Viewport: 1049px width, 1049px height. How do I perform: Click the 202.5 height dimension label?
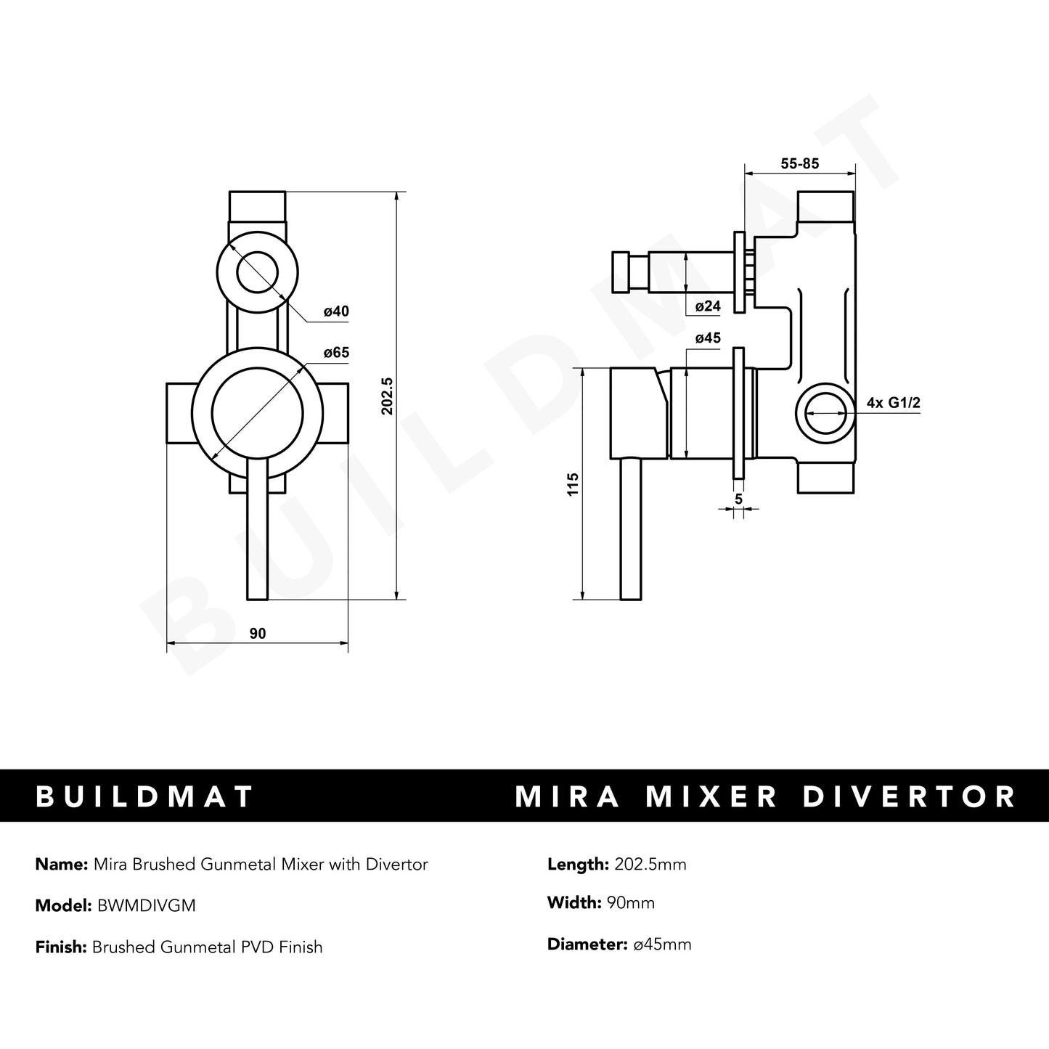[387, 396]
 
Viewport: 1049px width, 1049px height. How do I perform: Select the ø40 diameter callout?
[336, 311]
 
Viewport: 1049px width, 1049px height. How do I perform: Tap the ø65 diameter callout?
[336, 353]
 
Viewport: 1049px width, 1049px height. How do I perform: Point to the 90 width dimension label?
[258, 634]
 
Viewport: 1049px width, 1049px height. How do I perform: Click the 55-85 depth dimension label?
[799, 164]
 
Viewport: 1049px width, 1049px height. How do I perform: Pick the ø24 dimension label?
[708, 306]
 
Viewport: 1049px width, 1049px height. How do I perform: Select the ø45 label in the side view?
[708, 338]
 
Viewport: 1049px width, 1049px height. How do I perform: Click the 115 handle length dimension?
[574, 484]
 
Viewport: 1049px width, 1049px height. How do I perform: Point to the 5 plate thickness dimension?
[738, 499]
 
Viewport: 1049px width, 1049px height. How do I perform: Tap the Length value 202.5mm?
[650, 864]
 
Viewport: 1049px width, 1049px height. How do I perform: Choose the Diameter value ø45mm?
[661, 944]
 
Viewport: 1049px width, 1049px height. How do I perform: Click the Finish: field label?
[61, 947]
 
